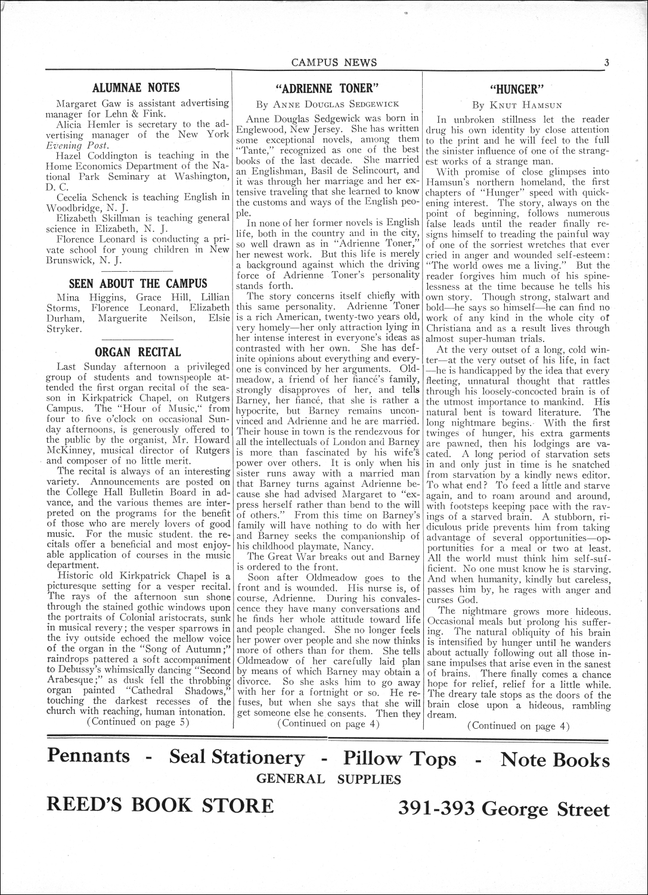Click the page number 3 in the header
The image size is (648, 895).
pos(606,62)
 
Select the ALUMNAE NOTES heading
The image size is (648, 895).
pos(137,88)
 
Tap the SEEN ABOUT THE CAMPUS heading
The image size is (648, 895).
pos(138,283)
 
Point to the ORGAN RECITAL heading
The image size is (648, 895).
pos(138,352)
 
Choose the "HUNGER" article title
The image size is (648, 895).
pos(517,89)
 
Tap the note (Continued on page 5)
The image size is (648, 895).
pos(138,722)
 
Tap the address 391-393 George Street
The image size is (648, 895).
pos(504,809)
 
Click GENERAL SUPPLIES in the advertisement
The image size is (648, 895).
pos(328,779)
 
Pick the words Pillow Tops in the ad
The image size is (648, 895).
pos(399,759)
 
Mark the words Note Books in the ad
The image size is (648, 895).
pos(555,760)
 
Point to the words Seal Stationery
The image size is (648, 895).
pos(237,757)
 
